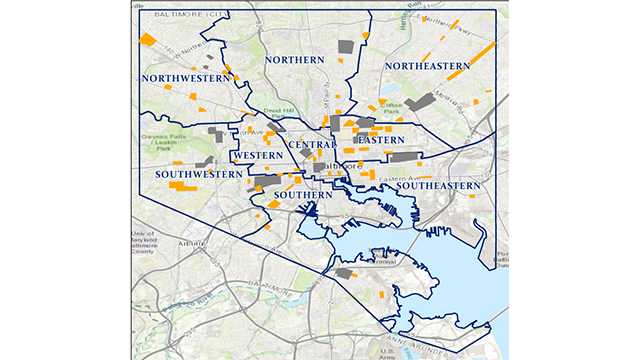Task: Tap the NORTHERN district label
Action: tap(295, 61)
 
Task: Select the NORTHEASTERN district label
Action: tap(424, 66)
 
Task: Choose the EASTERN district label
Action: tap(381, 140)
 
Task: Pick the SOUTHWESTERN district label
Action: tap(199, 174)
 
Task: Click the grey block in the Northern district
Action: tap(347, 45)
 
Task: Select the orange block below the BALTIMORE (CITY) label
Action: tap(148, 40)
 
